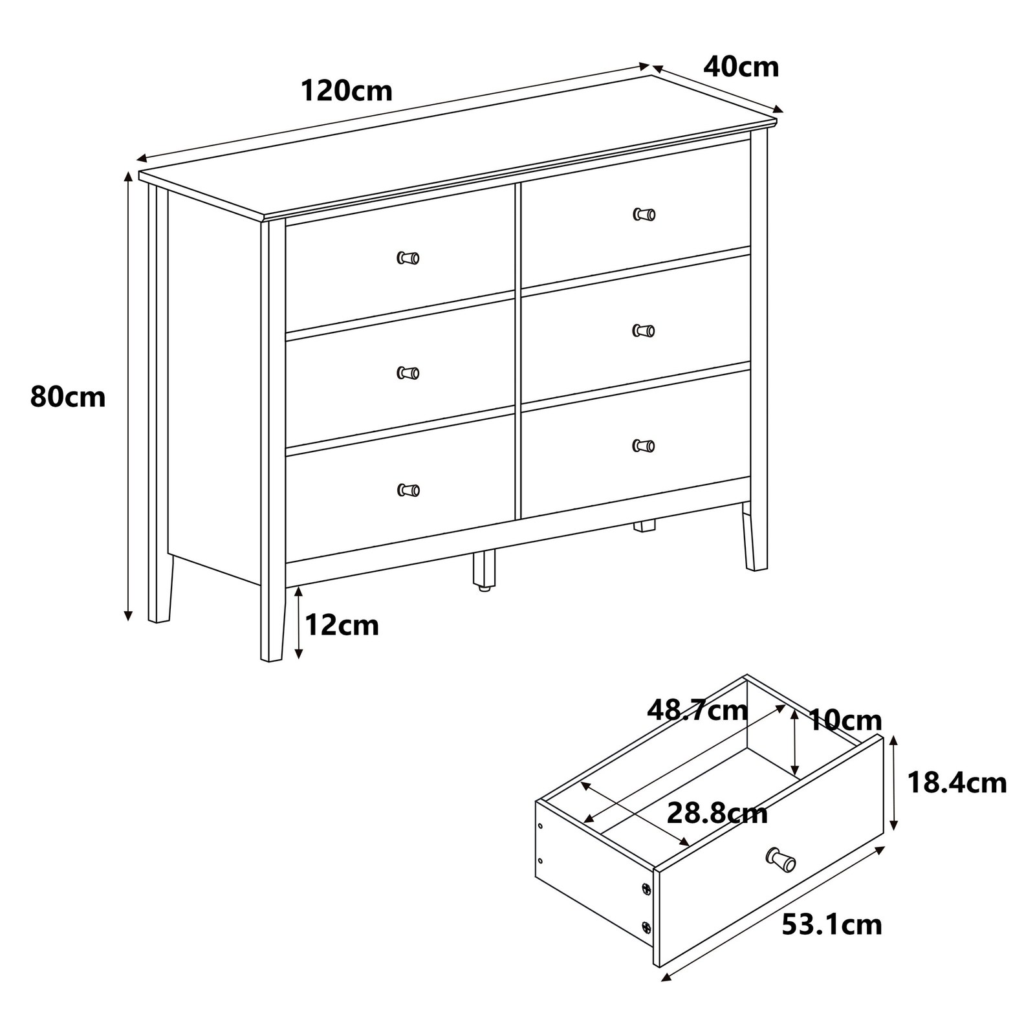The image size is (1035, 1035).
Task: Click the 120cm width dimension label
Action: click(347, 91)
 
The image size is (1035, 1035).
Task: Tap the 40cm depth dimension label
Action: click(741, 67)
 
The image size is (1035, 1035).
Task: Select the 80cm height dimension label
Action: click(68, 397)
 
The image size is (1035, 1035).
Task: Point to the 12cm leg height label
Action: click(342, 625)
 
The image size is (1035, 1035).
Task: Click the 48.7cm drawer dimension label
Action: click(697, 711)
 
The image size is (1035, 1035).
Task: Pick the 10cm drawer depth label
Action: click(845, 720)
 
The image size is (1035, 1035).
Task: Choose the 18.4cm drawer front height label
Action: click(957, 783)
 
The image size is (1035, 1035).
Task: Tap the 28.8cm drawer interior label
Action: click(717, 813)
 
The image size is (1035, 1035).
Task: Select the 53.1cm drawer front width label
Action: click(832, 925)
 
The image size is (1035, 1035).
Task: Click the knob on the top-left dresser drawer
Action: click(408, 258)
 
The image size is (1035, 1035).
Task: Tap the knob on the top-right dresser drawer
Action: click(644, 214)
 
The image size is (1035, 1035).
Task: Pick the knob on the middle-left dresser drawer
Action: click(408, 373)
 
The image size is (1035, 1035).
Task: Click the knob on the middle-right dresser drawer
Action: click(644, 331)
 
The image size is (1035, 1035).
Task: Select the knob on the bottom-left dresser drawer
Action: click(408, 490)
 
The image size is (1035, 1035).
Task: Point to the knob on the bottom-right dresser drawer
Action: click(644, 445)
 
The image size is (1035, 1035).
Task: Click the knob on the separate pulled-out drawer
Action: click(781, 859)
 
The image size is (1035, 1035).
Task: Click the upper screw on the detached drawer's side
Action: click(645, 889)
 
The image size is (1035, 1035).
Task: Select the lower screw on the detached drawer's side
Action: click(645, 928)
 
